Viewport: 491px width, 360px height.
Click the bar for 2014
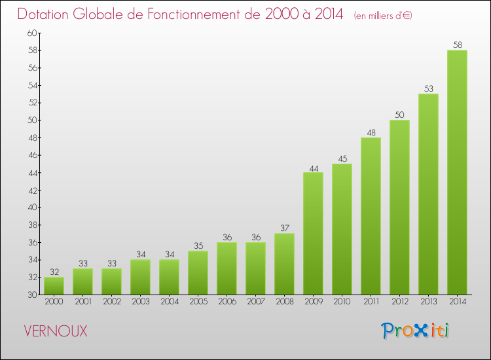(x=457, y=172)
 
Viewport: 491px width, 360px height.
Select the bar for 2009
(x=313, y=233)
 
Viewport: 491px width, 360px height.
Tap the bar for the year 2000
(x=54, y=285)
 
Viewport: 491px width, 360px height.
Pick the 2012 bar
(x=399, y=207)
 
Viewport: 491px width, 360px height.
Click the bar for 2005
(x=198, y=272)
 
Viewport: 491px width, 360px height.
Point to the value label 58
(x=457, y=45)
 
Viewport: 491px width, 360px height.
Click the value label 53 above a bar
(x=428, y=89)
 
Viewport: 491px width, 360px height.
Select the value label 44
(x=313, y=168)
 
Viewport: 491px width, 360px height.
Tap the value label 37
(x=284, y=228)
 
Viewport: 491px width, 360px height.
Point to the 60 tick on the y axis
(x=32, y=33)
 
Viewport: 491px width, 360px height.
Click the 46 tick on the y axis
(x=32, y=155)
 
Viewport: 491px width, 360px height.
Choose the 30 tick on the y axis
(x=32, y=295)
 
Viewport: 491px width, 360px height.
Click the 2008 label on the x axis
(x=284, y=302)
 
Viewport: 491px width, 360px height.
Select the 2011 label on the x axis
(x=371, y=302)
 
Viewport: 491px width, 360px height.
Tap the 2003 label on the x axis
(x=140, y=302)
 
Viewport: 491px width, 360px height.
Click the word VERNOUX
(x=55, y=331)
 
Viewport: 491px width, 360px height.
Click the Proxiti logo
(x=415, y=331)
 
